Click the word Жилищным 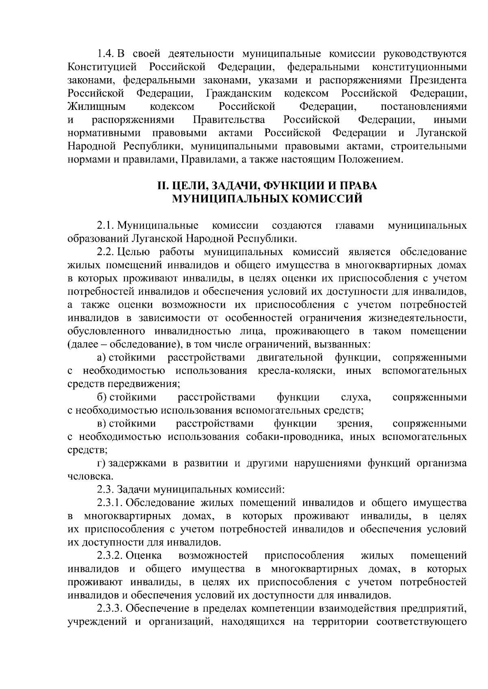point(96,107)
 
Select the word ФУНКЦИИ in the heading point(292,186)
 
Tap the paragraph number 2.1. point(106,225)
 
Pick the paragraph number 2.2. point(106,252)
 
